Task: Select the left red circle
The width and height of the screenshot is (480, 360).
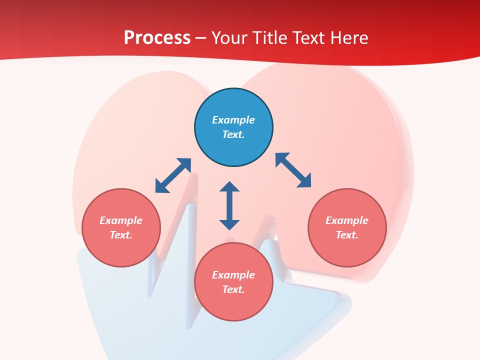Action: click(121, 227)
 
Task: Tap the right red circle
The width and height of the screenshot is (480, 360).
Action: click(347, 227)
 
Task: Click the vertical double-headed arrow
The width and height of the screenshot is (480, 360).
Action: click(229, 206)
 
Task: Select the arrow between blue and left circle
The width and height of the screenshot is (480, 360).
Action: click(173, 175)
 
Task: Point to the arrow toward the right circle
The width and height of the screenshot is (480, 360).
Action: click(293, 170)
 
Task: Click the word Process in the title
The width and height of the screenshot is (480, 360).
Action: click(157, 38)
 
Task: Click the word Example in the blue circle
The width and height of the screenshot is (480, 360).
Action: click(233, 120)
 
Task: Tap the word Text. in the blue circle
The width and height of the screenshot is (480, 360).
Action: click(233, 134)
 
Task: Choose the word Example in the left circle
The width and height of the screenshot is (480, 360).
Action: click(121, 220)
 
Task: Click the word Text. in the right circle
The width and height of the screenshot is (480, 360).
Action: click(347, 235)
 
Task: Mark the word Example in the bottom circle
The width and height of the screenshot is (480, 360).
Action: click(233, 275)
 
